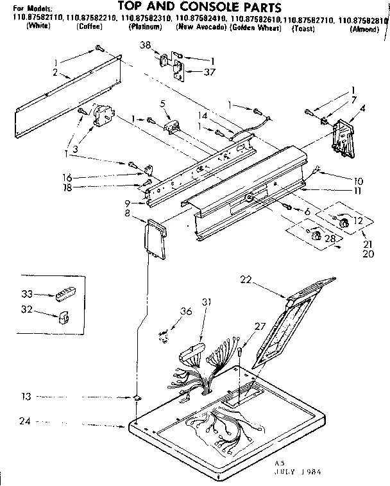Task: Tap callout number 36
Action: [x=185, y=311]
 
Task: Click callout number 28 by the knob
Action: [x=331, y=239]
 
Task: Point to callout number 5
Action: [x=164, y=103]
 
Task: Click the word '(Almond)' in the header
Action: [x=365, y=30]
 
